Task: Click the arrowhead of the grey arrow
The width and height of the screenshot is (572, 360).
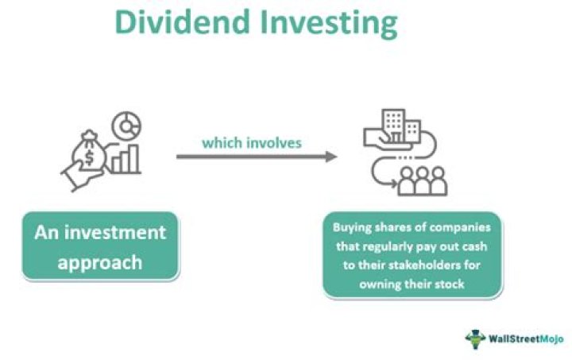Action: click(331, 157)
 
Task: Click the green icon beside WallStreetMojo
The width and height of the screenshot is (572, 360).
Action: click(475, 338)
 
